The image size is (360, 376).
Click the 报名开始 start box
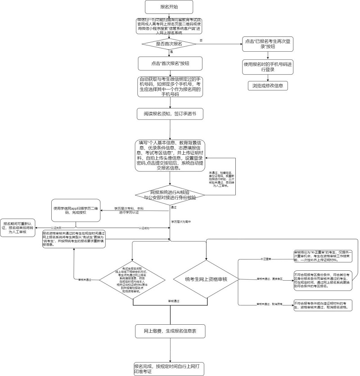(x=169, y=7)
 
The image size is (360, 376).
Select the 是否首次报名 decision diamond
(x=169, y=44)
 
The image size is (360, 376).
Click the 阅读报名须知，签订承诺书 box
(x=170, y=114)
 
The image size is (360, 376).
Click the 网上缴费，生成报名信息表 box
(x=170, y=331)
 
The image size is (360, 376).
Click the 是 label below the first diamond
(x=171, y=52)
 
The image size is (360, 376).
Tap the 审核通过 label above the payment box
(x=170, y=300)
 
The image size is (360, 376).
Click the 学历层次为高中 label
(x=180, y=222)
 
